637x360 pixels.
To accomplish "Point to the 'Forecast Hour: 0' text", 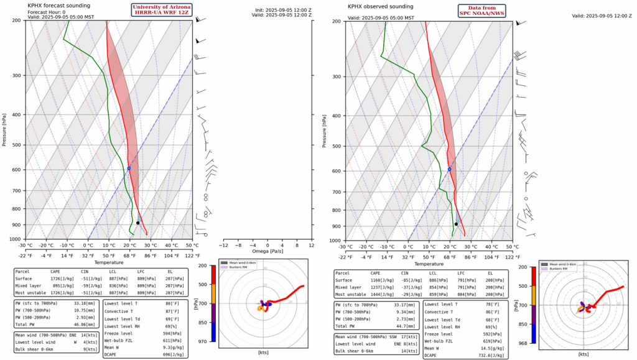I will [x=47, y=11].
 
